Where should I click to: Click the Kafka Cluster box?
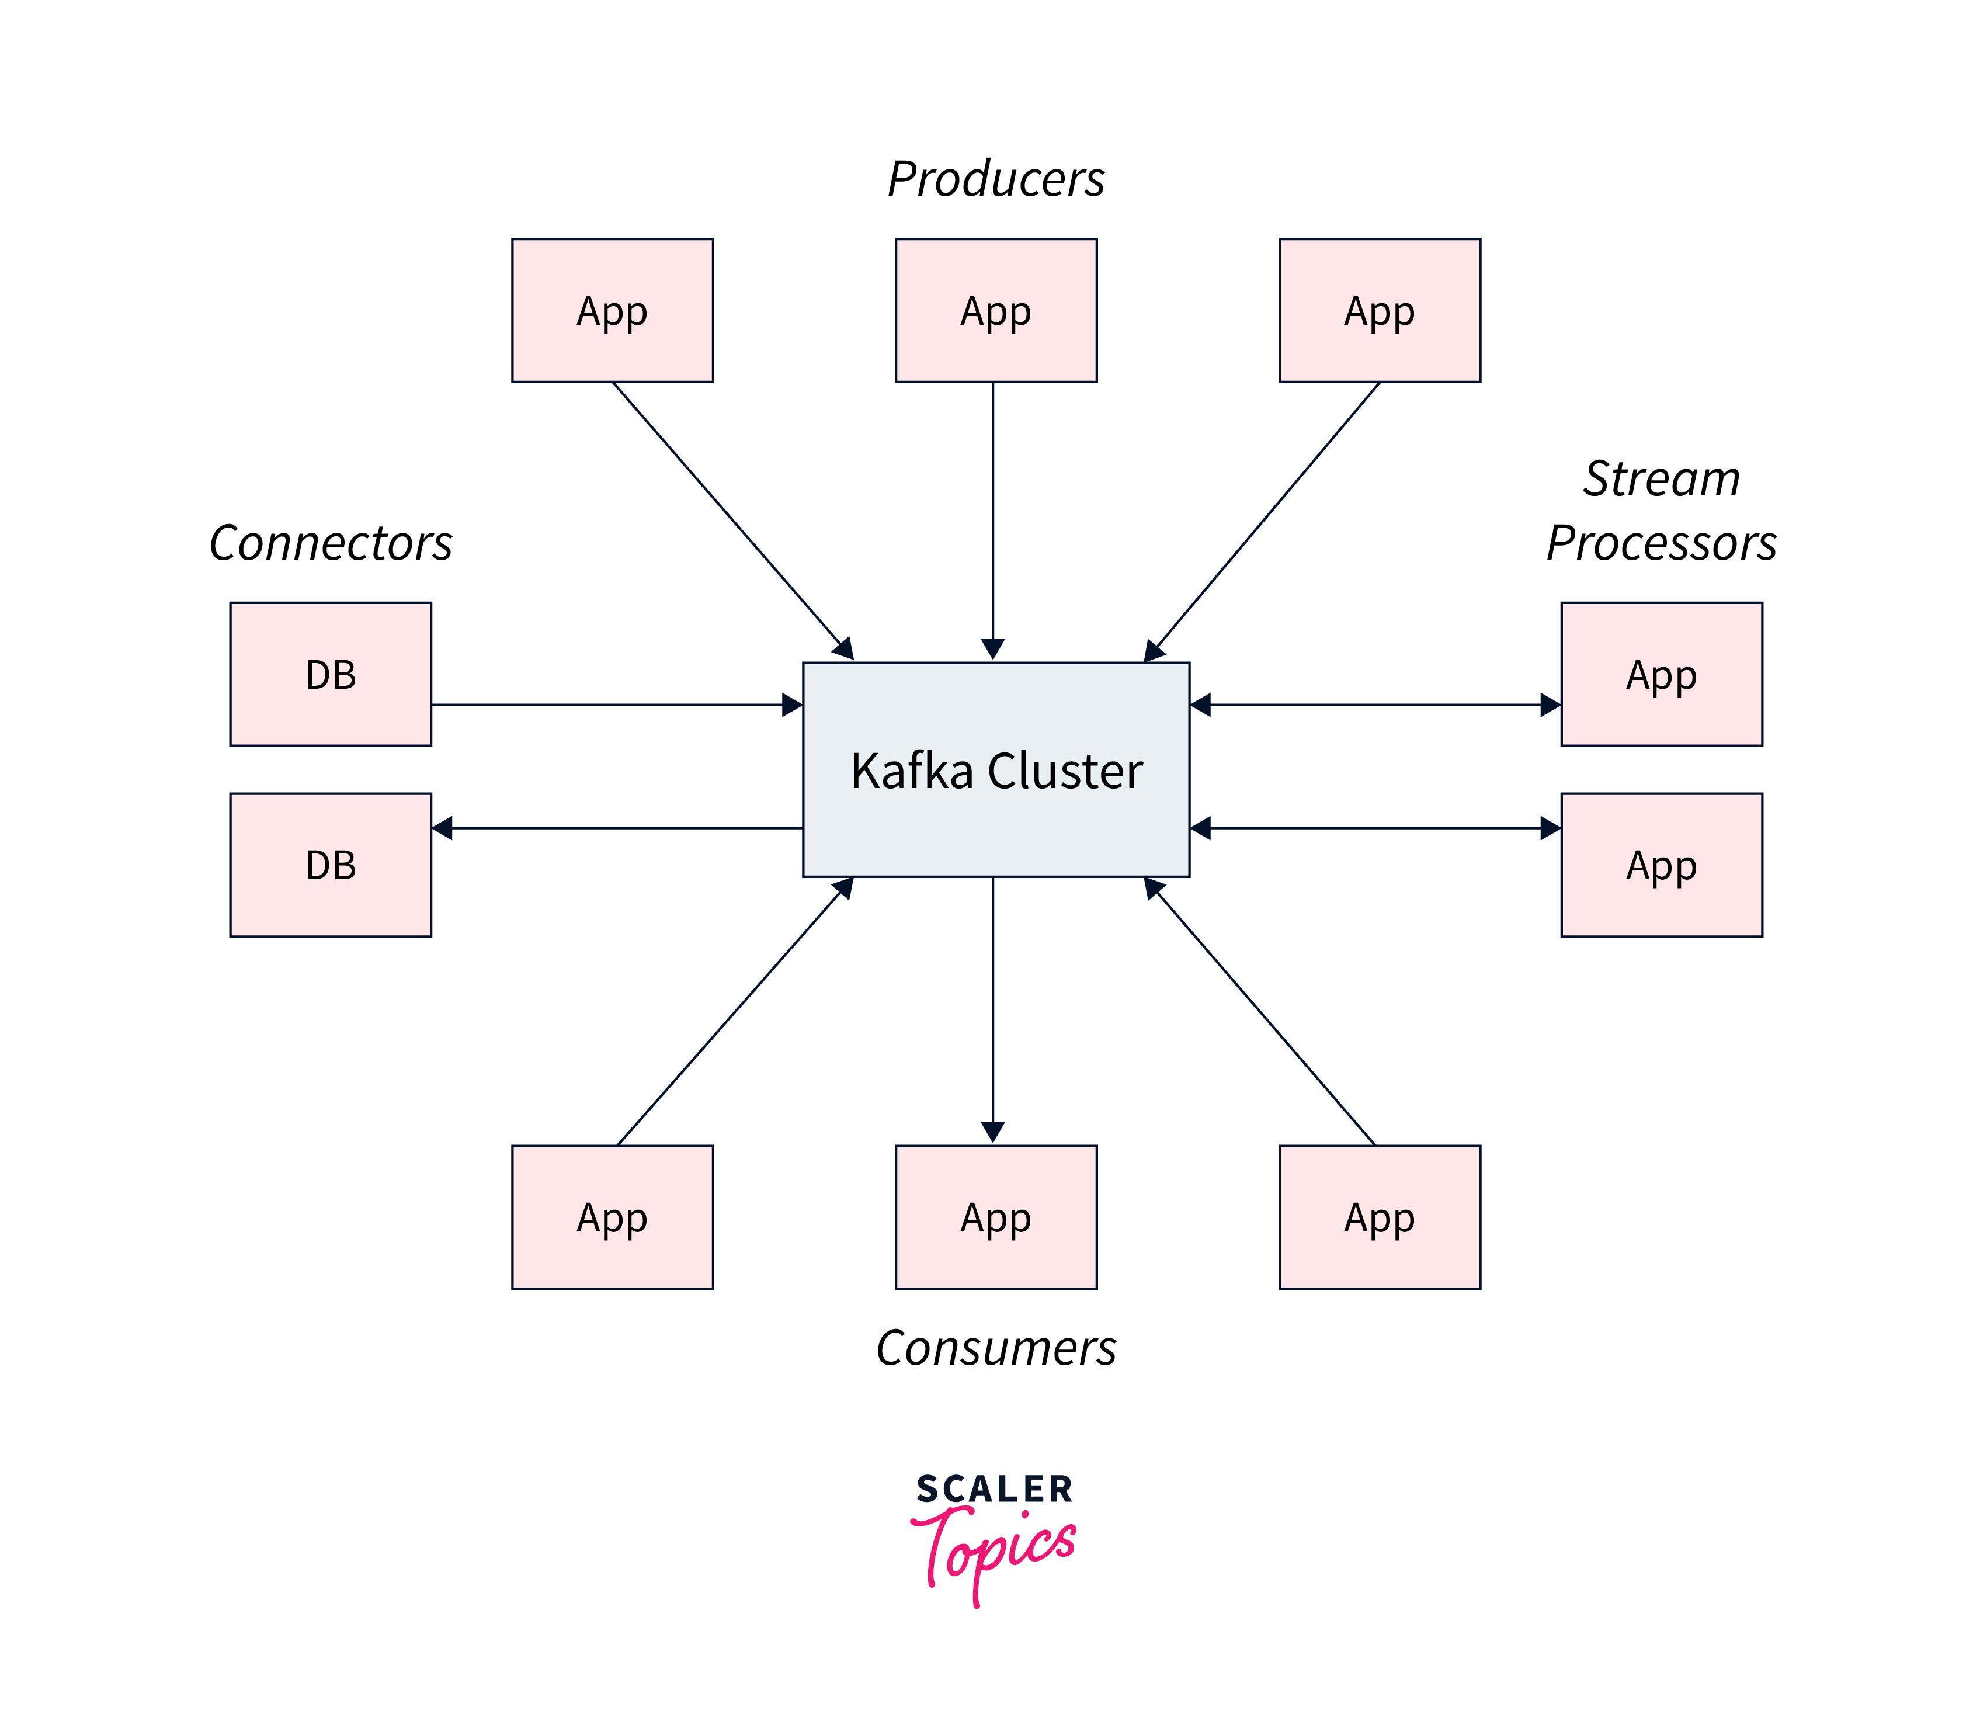click(x=996, y=769)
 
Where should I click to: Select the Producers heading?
click(x=996, y=179)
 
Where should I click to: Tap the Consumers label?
click(x=996, y=1348)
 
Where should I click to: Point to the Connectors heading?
click(x=331, y=543)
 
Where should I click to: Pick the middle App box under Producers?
click(x=996, y=310)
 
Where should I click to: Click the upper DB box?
click(x=331, y=674)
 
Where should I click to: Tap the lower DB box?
click(x=331, y=865)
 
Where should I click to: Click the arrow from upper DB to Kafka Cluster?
click(x=614, y=705)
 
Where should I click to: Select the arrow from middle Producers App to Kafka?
click(x=993, y=519)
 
